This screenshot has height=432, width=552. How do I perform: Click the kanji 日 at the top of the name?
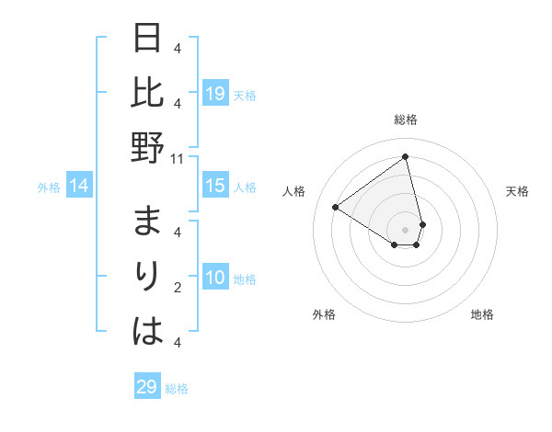[148, 40]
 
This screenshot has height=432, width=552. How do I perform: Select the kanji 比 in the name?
[148, 93]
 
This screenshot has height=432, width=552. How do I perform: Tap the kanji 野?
[148, 146]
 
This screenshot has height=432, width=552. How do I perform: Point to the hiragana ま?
[148, 223]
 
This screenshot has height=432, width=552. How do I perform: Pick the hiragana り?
[148, 277]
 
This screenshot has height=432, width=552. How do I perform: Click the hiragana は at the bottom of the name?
[148, 330]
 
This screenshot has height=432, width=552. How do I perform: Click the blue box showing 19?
[215, 93]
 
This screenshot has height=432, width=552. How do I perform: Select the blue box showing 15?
[215, 186]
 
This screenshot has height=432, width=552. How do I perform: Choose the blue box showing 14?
[79, 187]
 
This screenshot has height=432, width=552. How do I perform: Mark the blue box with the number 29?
[147, 387]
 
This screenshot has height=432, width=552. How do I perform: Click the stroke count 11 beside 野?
[178, 158]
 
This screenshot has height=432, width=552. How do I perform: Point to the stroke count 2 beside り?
[178, 288]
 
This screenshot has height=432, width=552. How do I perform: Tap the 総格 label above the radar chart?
[406, 119]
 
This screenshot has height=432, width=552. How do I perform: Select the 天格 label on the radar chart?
[518, 191]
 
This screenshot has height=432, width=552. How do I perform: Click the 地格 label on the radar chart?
[482, 314]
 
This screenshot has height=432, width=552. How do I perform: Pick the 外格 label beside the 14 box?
[49, 188]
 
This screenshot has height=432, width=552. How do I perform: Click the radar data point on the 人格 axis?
[335, 207]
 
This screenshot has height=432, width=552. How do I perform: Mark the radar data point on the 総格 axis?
[406, 157]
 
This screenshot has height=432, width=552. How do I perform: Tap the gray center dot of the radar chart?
[406, 229]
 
